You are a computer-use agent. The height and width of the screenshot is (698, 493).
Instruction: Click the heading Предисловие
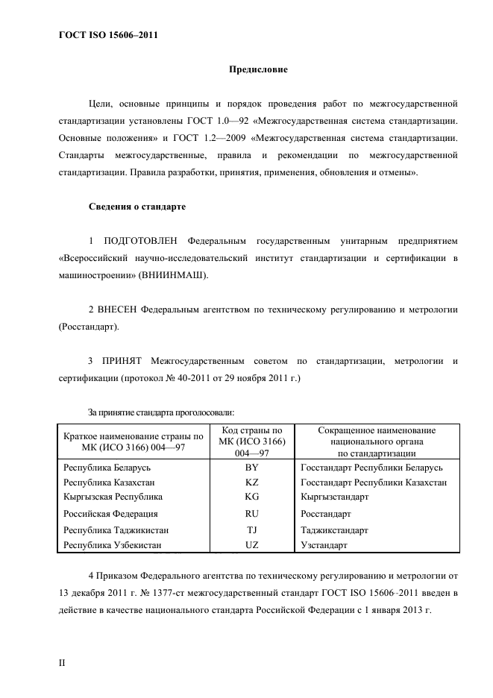tap(257, 69)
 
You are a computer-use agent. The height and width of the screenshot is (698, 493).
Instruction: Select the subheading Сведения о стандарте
tap(137, 206)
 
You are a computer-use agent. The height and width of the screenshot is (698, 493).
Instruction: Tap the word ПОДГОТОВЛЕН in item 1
tap(140, 241)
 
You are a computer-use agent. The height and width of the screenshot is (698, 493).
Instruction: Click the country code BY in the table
tap(251, 468)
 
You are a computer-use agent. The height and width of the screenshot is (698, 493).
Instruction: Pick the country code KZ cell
tap(251, 482)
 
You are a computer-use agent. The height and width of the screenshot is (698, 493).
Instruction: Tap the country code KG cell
tap(251, 496)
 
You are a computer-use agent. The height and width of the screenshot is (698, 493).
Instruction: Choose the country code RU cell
tap(251, 514)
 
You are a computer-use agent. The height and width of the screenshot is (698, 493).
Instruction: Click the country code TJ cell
tap(251, 530)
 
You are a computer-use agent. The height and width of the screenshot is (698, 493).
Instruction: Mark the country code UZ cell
tap(251, 545)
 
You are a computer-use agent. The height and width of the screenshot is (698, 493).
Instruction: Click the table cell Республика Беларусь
tap(107, 468)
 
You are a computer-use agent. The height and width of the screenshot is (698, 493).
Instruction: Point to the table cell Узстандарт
tap(324, 545)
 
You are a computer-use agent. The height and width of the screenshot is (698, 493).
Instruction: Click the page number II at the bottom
tap(62, 662)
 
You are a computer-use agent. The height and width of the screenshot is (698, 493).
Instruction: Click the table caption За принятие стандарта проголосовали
tap(161, 411)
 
